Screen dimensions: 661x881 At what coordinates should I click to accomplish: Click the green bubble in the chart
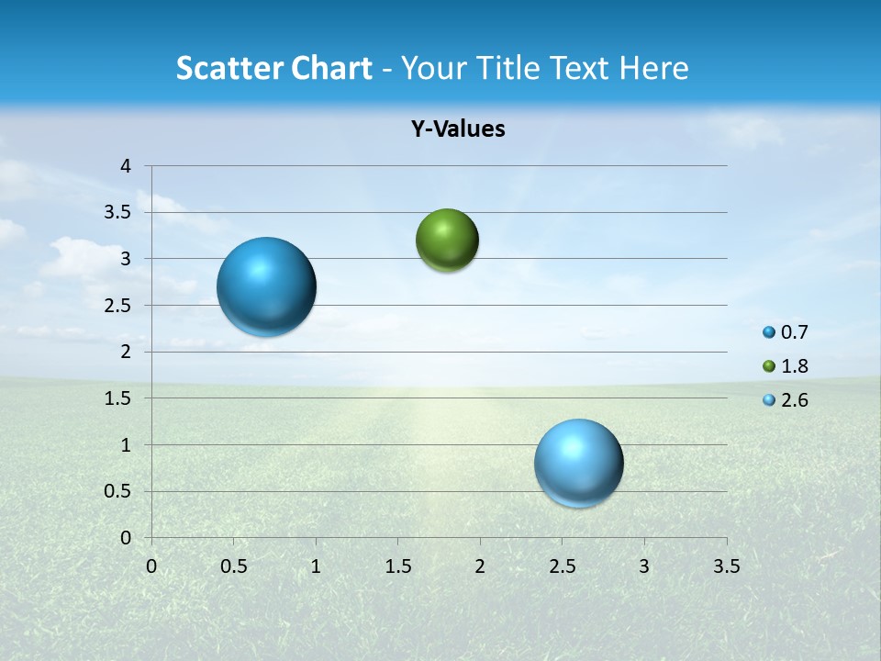[447, 241]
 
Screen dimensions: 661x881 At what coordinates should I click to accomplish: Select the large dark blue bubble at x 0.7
[267, 286]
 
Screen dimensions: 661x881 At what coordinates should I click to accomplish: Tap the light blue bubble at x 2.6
[579, 463]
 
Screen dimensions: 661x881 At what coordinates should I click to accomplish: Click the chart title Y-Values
[458, 129]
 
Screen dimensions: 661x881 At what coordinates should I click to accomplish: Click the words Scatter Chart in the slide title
[273, 68]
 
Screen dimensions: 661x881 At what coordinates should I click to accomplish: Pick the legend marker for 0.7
[769, 332]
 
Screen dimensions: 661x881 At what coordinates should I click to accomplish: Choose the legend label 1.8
[794, 366]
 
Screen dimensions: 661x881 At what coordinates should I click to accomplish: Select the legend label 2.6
[794, 400]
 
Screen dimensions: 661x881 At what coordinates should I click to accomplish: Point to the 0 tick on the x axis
[151, 566]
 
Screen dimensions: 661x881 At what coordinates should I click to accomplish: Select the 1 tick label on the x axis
[316, 566]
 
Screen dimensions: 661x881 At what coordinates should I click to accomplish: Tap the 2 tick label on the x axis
[480, 566]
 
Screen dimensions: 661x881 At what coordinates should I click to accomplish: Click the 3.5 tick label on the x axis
[726, 566]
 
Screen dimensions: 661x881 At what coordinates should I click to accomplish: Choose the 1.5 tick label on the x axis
[397, 566]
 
